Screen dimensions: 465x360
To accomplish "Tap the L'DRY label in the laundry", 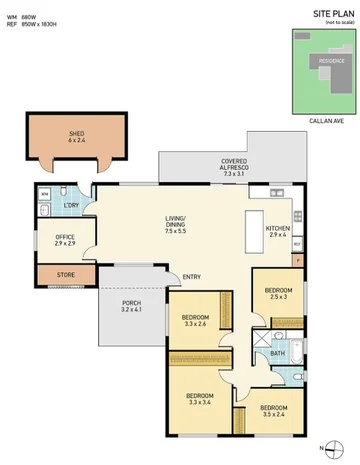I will point(71,206).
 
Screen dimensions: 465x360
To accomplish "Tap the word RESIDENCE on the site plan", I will point(331,61).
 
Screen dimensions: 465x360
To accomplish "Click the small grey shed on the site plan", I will point(301,38).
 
